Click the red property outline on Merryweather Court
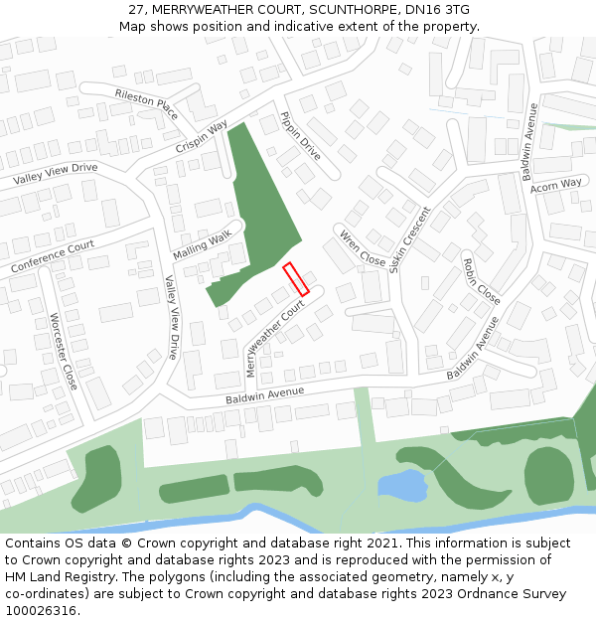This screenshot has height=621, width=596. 296,278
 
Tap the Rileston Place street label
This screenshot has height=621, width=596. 147,104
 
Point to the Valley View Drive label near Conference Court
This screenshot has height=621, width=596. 56,174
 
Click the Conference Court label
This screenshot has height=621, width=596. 53,256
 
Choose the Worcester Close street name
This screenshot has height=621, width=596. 64,351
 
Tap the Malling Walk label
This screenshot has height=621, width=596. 202,240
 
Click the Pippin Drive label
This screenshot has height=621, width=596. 300,135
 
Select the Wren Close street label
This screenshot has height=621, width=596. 363,247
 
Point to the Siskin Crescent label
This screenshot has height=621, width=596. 410,239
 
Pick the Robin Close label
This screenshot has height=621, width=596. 482,281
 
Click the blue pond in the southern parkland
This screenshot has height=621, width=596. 402,485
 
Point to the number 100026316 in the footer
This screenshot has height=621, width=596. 41,610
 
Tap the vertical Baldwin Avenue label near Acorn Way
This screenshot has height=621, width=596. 529,141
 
